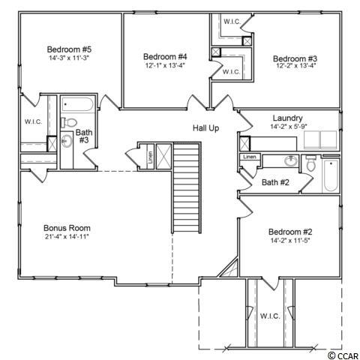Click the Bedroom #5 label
[69, 49]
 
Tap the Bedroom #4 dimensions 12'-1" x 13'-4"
[165, 65]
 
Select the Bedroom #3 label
[295, 58]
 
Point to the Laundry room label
[287, 118]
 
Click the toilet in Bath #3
[69, 122]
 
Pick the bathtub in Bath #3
[77, 104]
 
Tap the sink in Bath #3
[67, 141]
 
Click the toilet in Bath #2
[310, 163]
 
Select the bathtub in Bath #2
[331, 175]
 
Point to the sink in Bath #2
[291, 161]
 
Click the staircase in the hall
[187, 187]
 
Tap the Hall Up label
[205, 128]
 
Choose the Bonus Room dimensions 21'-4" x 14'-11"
[67, 236]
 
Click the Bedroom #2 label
[290, 232]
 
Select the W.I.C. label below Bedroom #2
[270, 316]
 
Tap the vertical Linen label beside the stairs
[150, 157]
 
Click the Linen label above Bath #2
[250, 157]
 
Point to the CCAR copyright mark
[343, 355]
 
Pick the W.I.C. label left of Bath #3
[33, 121]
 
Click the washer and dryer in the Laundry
[320, 140]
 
